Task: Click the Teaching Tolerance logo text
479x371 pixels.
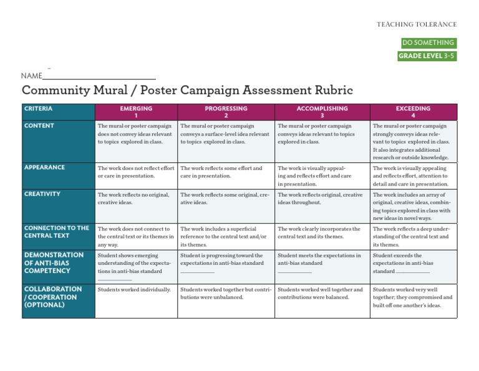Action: click(x=417, y=24)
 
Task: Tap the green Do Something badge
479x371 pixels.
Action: click(x=428, y=43)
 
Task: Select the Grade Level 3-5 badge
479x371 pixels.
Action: click(x=427, y=56)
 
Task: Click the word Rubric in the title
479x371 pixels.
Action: click(x=329, y=91)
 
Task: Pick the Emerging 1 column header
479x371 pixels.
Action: click(x=136, y=112)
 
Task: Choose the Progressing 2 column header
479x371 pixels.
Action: click(x=226, y=112)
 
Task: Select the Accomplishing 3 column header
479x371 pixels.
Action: click(x=322, y=112)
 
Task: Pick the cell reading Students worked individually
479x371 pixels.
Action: click(x=134, y=290)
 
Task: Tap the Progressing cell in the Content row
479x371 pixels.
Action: click(x=225, y=134)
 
